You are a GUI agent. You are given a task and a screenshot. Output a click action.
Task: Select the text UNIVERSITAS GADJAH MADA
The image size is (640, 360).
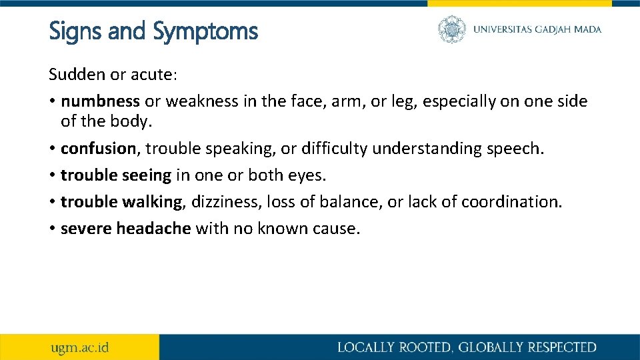coord(537,29)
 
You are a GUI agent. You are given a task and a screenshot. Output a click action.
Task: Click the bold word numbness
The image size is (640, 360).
coord(100,101)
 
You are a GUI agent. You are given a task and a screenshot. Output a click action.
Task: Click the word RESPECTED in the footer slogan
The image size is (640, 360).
coord(562,347)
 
